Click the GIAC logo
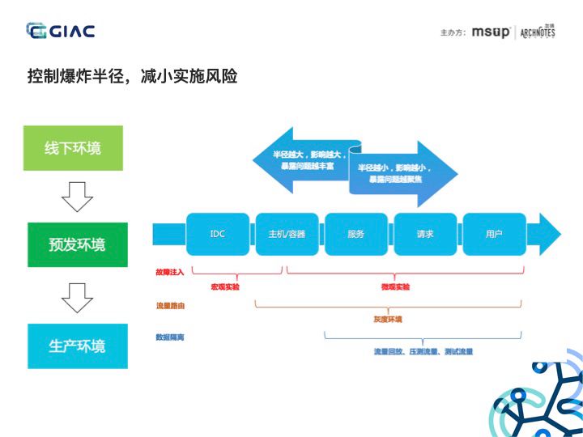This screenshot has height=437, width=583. [60, 32]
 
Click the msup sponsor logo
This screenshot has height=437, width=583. [491, 32]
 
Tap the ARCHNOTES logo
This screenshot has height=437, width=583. [538, 32]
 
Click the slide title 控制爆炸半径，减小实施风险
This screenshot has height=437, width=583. [132, 77]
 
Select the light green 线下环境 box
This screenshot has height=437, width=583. [73, 148]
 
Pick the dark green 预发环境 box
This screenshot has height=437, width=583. [77, 244]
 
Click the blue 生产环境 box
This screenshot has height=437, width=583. [77, 346]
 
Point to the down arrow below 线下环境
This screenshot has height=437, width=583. [77, 196]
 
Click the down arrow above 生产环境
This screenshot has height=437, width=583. [77, 297]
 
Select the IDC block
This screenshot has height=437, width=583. [217, 234]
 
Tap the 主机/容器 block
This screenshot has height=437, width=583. [287, 234]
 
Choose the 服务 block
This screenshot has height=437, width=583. [355, 234]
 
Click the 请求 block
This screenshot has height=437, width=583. [424, 234]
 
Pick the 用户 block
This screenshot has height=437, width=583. [494, 234]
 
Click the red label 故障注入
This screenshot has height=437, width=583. [170, 273]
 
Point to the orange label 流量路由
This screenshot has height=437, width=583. [170, 306]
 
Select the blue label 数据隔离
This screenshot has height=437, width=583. [170, 337]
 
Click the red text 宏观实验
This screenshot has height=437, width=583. [225, 287]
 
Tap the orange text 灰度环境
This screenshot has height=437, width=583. [388, 319]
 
